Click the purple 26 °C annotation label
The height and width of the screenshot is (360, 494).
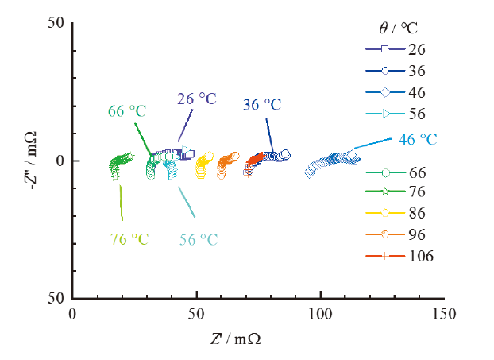click(x=196, y=99)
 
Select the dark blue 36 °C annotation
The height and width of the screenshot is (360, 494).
click(x=263, y=104)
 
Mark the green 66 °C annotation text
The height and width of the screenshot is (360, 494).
click(x=128, y=111)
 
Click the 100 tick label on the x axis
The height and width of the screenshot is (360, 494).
click(x=320, y=314)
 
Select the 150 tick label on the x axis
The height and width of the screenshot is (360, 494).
click(x=444, y=314)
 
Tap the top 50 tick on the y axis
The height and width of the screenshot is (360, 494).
click(x=58, y=23)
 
